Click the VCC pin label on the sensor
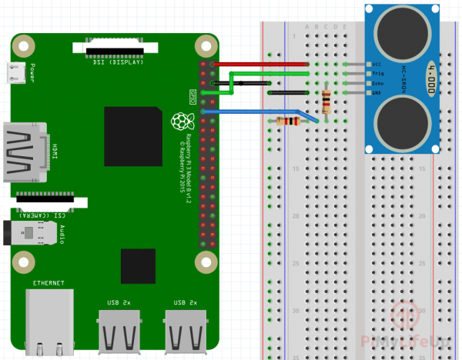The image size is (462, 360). [377, 65]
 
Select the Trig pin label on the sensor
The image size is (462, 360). [377, 74]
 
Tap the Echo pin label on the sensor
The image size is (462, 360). [377, 83]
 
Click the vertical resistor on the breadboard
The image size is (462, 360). [328, 101]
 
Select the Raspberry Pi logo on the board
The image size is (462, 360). [180, 122]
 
